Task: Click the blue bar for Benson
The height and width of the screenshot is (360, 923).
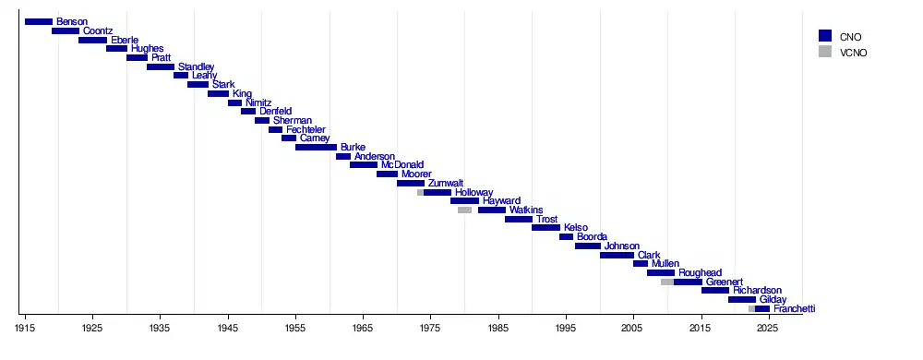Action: (39, 22)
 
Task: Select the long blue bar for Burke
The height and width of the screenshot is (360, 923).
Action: (316, 147)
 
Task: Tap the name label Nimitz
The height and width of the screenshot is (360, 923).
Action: (258, 102)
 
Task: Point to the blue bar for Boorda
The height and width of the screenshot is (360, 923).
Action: (567, 236)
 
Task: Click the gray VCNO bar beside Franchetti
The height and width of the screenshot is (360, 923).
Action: (751, 309)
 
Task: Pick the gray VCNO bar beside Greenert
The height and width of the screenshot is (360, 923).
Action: (667, 282)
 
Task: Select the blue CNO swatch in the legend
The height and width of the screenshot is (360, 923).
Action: (824, 36)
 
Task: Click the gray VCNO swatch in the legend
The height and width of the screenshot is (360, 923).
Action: (824, 52)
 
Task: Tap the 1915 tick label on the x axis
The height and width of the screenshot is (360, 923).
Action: (25, 327)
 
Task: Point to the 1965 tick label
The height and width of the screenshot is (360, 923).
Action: (363, 327)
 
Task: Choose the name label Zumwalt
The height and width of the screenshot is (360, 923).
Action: (446, 183)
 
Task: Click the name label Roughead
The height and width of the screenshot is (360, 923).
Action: (700, 273)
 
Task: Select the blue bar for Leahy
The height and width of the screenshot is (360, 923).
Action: (181, 76)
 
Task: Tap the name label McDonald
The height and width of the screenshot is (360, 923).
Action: (402, 165)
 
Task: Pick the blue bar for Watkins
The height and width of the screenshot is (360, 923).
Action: (492, 210)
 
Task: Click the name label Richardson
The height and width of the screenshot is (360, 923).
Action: (757, 291)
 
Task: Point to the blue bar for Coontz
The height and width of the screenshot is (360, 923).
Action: (66, 30)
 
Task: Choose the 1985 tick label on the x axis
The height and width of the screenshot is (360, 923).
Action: (498, 327)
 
